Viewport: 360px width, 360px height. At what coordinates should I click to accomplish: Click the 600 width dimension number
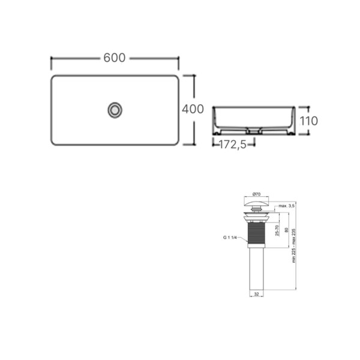[x=115, y=58]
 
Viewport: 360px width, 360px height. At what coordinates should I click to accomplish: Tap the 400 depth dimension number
[x=193, y=109]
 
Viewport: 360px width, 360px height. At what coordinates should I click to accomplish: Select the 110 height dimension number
[x=309, y=121]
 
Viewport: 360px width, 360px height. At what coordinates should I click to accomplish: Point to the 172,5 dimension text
[x=233, y=145]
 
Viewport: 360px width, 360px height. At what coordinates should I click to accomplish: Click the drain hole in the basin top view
[x=115, y=110]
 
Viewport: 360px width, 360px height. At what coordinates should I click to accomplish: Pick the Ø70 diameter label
[x=256, y=194]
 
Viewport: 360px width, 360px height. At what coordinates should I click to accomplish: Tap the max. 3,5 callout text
[x=286, y=206]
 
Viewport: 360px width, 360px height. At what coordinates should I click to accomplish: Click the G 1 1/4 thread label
[x=230, y=238]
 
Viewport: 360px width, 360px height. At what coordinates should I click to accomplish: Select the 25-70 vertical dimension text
[x=277, y=230]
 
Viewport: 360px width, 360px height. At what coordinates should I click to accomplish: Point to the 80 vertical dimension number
[x=286, y=230]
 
